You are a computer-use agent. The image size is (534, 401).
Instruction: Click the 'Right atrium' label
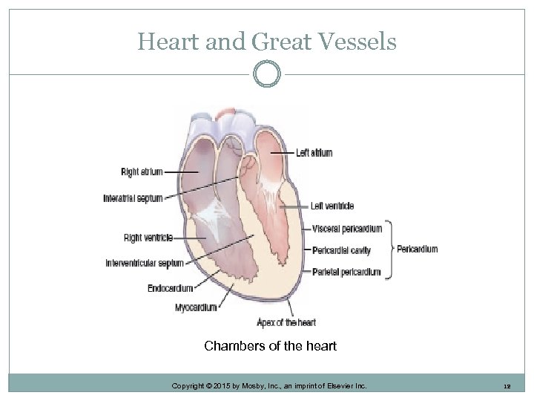pos(141,172)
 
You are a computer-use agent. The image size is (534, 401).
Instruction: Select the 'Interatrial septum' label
pos(132,198)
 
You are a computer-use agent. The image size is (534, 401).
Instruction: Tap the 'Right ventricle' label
pos(148,238)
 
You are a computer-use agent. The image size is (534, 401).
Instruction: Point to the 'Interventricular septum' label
pos(144,263)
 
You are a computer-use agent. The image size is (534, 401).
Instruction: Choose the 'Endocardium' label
pos(170,288)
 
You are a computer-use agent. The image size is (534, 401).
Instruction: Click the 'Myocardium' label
pos(196,307)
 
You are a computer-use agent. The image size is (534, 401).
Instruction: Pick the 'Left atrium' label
pos(314,153)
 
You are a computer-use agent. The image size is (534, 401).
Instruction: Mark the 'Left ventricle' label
pos(332,206)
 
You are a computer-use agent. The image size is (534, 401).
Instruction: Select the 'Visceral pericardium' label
pos(347,228)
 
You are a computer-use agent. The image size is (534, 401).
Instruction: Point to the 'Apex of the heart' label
pos(286,322)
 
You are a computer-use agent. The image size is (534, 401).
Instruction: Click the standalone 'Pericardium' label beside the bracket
pos(418,249)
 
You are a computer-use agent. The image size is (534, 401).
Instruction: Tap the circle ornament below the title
pos(267,74)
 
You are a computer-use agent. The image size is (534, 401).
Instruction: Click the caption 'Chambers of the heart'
pos(270,346)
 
